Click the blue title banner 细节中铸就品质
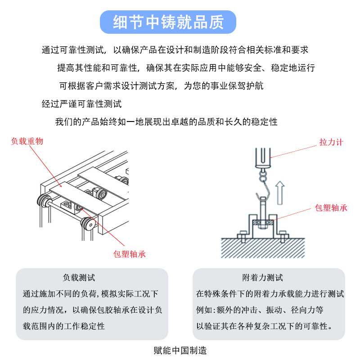point(168,22)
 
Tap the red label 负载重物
point(27,141)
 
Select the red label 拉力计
point(331,142)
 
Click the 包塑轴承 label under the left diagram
point(130,254)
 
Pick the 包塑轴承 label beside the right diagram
point(331,208)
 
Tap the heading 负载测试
point(79,278)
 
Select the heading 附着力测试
point(269,278)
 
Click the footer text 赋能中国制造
point(180,350)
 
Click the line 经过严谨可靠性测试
point(81,104)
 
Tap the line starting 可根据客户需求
point(162,86)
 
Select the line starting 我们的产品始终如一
point(166,122)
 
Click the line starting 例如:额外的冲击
point(260,310)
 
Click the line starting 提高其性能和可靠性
point(186,68)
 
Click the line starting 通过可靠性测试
point(175,50)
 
